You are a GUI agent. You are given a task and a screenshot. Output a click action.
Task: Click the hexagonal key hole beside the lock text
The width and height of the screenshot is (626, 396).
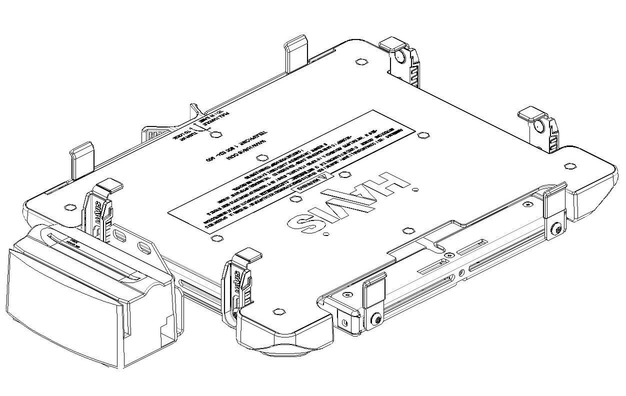[215, 134]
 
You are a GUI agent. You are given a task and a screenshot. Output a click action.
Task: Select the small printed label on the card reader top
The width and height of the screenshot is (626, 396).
[75, 242]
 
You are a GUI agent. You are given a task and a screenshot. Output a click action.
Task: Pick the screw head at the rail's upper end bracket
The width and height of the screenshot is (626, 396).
[556, 230]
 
